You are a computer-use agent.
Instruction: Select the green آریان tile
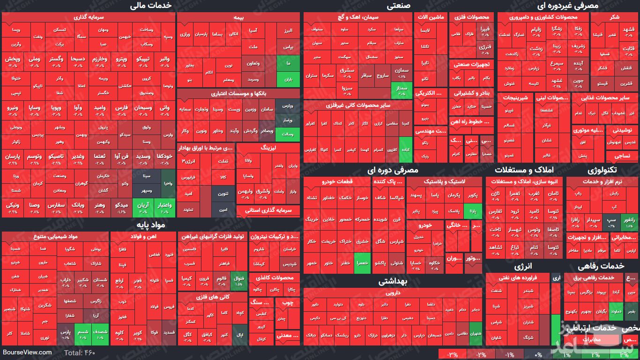click(142, 207)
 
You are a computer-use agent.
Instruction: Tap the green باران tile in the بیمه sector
click(288, 79)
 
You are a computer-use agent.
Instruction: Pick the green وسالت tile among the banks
click(288, 135)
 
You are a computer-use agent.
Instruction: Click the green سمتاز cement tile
click(402, 89)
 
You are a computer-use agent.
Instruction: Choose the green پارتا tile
click(473, 211)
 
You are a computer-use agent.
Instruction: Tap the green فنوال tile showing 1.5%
click(238, 281)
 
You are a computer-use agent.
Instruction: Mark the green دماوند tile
click(616, 311)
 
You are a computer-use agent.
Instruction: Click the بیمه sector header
click(238, 17)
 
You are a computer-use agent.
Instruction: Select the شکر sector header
click(613, 17)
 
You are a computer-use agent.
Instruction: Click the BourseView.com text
click(27, 352)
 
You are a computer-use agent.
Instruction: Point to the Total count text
click(79, 352)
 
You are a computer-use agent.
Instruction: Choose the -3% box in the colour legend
click(453, 354)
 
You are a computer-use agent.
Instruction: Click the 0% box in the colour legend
click(538, 354)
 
